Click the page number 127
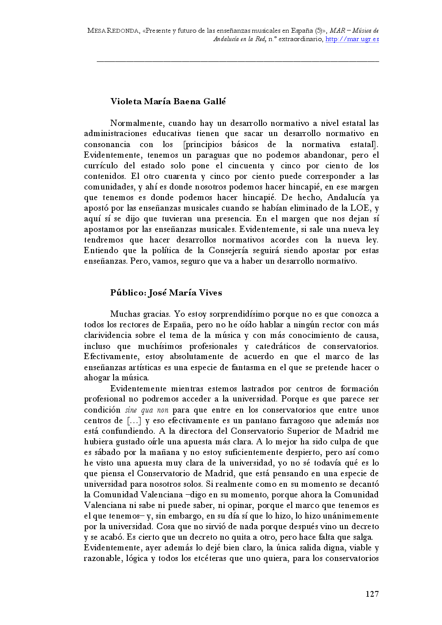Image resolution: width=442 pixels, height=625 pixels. [372, 594]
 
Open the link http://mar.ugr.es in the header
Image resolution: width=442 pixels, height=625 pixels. [352, 39]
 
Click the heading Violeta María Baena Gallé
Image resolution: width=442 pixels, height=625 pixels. [168, 102]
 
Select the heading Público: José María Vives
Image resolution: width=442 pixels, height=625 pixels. [166, 293]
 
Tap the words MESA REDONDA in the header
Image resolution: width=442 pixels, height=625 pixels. [113, 31]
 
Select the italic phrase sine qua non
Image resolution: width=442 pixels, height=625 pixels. [147, 410]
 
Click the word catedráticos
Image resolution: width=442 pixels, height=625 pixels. [278, 346]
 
